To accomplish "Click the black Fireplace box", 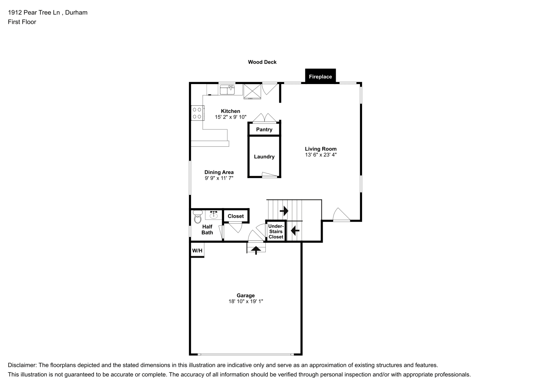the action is (320, 76).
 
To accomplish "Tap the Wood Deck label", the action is (262, 62).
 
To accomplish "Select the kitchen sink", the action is (227, 89).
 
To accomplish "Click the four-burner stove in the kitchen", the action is (198, 113).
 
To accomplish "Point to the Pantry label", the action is (264, 130).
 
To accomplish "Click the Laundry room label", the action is (264, 157).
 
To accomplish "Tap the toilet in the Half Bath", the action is (198, 217).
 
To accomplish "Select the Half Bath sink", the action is (214, 215).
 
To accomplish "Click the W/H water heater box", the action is (197, 250).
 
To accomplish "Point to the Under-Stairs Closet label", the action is (276, 231).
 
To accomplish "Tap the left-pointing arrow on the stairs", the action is (295, 231).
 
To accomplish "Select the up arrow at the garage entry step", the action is (256, 250).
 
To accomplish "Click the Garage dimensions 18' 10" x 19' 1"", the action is (246, 301).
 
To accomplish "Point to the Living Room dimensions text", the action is (321, 155).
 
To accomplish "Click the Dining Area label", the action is (219, 172).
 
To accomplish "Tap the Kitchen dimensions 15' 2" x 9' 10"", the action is (230, 117).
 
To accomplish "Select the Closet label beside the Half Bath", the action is (236, 216).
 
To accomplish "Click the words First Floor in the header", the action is (22, 22).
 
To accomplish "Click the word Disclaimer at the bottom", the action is (22, 365).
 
